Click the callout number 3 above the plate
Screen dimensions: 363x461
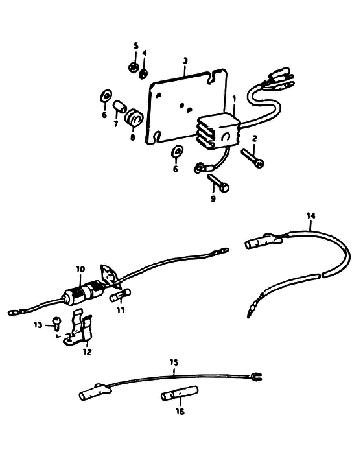click(185, 61)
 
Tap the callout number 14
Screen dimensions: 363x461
click(311, 215)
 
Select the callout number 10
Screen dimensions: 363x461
click(80, 269)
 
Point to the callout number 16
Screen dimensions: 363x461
click(180, 411)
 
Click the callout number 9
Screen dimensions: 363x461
click(213, 199)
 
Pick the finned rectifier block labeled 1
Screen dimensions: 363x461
click(218, 132)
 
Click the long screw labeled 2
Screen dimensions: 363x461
click(252, 158)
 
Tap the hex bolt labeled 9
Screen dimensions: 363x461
click(218, 183)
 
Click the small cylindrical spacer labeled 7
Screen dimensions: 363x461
click(119, 106)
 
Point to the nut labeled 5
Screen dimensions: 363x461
click(134, 67)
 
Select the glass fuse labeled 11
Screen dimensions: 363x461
click(120, 296)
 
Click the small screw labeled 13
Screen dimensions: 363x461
click(56, 323)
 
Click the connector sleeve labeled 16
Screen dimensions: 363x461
click(180, 393)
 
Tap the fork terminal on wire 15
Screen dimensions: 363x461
click(255, 377)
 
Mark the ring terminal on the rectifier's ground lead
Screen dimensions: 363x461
click(199, 169)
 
